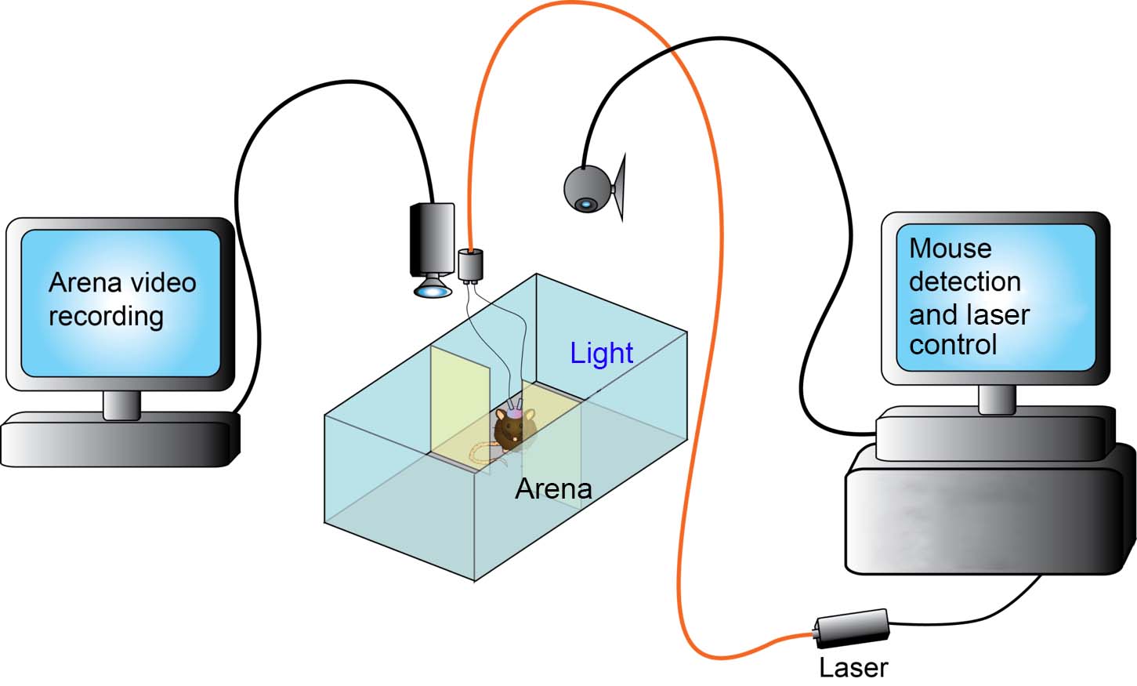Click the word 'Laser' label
(853, 667)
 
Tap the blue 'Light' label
(601, 354)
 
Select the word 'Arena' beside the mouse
(553, 489)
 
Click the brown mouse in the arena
(513, 427)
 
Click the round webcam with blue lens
(588, 189)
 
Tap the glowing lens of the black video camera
(433, 292)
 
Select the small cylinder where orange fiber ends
(470, 265)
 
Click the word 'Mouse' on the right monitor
(950, 249)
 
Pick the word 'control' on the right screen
(953, 345)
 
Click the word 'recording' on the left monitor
(106, 317)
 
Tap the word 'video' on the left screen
(160, 282)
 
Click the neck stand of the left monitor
(121, 405)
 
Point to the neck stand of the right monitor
(997, 399)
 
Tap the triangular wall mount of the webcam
(620, 187)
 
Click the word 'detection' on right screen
(965, 281)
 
